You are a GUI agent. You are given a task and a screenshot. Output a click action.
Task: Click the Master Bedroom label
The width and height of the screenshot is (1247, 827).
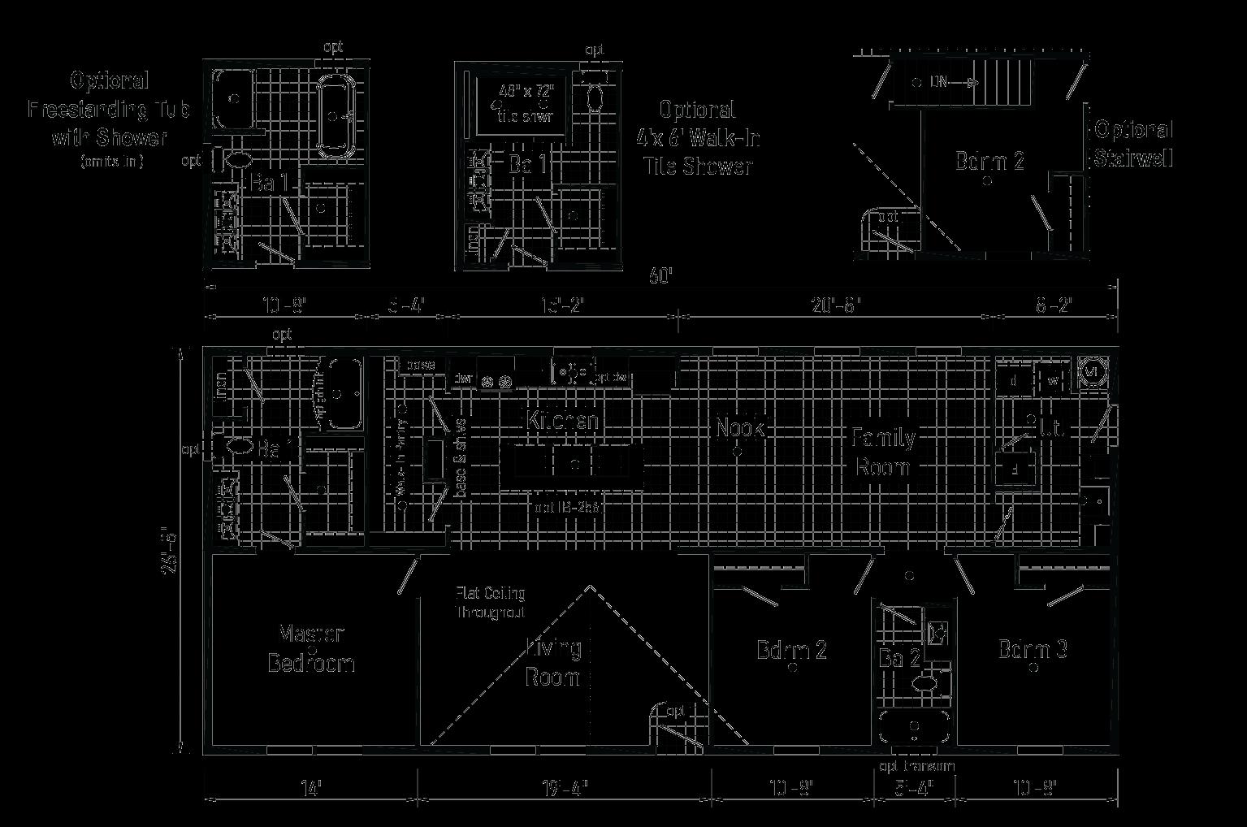click(311, 647)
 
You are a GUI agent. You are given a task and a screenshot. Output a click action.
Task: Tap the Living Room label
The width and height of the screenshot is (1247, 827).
click(554, 662)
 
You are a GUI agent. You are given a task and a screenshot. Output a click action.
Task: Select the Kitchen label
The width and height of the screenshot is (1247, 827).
click(563, 421)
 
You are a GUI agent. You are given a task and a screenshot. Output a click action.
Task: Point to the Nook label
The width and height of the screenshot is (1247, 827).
click(740, 426)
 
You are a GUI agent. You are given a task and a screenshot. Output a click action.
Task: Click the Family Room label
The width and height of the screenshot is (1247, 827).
click(883, 452)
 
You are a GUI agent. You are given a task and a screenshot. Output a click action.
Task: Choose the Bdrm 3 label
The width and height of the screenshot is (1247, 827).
click(1033, 649)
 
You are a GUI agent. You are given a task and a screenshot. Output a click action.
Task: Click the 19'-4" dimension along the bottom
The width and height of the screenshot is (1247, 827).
click(564, 787)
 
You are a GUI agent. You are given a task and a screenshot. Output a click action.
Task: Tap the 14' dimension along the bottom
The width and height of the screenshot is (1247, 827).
click(310, 787)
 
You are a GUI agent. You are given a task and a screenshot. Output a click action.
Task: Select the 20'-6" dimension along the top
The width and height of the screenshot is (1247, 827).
click(836, 305)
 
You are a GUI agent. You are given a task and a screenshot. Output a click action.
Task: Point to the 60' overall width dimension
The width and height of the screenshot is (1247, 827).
click(661, 277)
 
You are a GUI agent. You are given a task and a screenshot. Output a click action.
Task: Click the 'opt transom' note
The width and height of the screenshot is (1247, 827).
click(917, 766)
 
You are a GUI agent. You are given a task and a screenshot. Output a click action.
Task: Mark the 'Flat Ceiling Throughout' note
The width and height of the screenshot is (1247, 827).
click(490, 603)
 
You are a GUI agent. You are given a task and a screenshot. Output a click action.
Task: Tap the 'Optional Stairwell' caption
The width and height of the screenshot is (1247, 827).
click(1133, 144)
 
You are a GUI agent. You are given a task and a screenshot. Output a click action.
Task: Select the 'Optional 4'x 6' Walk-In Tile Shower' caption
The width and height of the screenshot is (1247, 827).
click(698, 138)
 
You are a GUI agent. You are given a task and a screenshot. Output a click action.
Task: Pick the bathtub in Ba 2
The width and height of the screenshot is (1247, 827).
click(915, 727)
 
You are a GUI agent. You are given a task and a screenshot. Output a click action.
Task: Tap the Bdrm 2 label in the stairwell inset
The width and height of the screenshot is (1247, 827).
click(989, 161)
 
